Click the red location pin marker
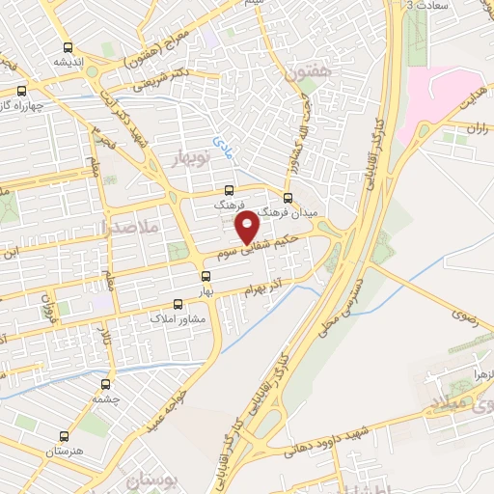tap(248, 227)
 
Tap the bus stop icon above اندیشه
tap(67, 48)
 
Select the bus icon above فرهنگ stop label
tap(229, 190)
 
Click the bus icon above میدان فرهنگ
tap(288, 197)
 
